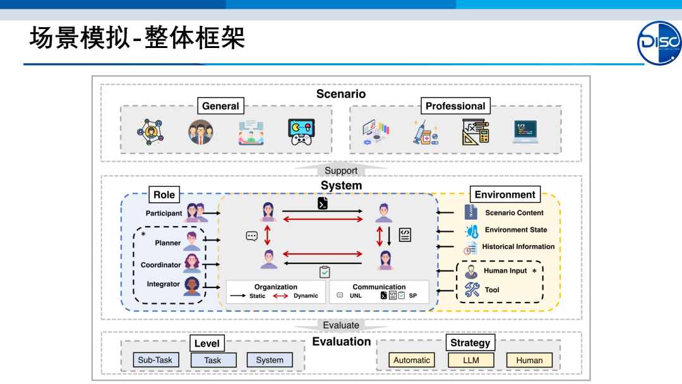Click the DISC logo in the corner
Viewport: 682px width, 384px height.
click(659, 43)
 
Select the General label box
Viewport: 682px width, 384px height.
click(220, 106)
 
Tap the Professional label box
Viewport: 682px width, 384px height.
click(455, 106)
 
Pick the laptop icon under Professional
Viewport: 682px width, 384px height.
click(525, 133)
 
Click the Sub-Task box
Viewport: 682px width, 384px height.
click(155, 360)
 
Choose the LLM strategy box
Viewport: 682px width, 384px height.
click(471, 360)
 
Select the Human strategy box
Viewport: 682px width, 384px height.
click(529, 360)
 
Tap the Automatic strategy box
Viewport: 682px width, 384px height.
click(412, 360)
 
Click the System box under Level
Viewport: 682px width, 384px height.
click(270, 360)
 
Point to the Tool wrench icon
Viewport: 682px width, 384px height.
click(472, 290)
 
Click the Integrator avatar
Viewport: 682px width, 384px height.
click(192, 286)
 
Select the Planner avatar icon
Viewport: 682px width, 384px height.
click(191, 241)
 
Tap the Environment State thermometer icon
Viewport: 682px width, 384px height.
click(471, 231)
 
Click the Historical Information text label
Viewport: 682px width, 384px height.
click(518, 247)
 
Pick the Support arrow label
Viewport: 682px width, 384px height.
click(341, 171)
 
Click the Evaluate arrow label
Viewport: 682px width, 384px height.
click(341, 325)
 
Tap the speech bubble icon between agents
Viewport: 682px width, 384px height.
click(252, 236)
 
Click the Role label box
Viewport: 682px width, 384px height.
click(164, 195)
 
